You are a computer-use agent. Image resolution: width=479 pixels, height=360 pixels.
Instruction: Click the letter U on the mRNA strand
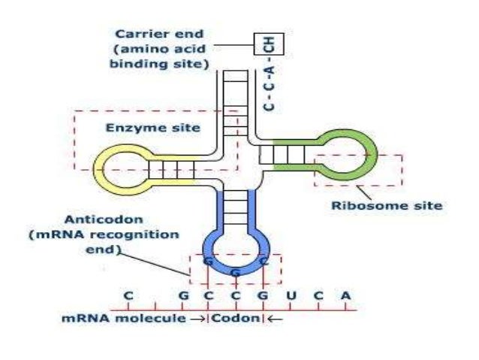tap(292, 296)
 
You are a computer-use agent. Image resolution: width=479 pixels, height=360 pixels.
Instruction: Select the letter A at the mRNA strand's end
tap(345, 296)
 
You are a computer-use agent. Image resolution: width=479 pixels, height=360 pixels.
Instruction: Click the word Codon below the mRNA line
tap(235, 319)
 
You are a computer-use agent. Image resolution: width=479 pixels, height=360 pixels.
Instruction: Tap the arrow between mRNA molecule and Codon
tap(200, 319)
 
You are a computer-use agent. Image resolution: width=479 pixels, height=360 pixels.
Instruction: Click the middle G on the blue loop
tap(235, 271)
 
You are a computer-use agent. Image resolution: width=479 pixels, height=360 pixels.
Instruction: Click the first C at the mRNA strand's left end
tap(128, 296)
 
